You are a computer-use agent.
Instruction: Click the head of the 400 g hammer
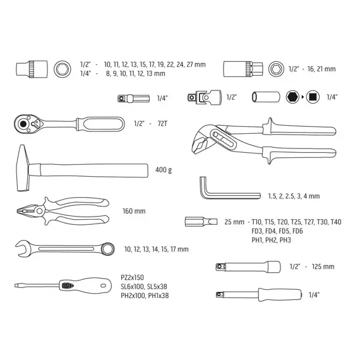[x=23, y=168]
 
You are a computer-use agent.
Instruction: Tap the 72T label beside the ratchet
[x=162, y=124]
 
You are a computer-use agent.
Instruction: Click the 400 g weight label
[x=164, y=170]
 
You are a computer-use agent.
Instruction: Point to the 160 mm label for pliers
[x=134, y=211]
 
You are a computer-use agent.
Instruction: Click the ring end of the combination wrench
[x=107, y=249]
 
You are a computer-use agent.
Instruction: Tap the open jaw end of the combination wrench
[x=23, y=249]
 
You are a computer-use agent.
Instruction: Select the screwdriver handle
[x=85, y=286]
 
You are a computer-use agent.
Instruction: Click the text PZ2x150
[x=132, y=277]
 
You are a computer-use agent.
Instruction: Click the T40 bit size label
[x=335, y=222]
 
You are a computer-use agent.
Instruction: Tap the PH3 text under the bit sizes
[x=285, y=240]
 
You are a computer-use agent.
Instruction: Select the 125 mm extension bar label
[x=323, y=267]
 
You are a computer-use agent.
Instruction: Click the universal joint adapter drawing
[x=205, y=97]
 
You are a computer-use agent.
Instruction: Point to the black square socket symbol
[x=313, y=97]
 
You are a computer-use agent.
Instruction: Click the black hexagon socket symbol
[x=292, y=97]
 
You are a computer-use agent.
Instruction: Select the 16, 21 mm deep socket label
[x=321, y=69]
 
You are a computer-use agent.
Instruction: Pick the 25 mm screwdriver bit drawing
[x=201, y=222]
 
